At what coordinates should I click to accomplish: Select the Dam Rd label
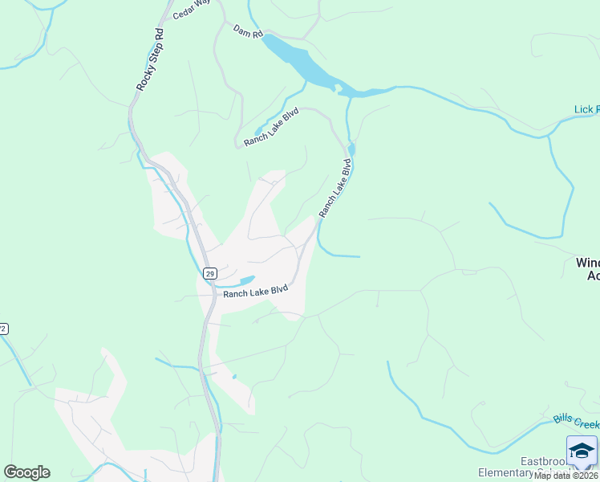pyautogui.click(x=247, y=31)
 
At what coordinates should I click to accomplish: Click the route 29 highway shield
pyautogui.click(x=209, y=274)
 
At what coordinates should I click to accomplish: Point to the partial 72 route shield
pyautogui.click(x=3, y=329)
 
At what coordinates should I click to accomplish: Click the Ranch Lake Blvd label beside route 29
pyautogui.click(x=255, y=292)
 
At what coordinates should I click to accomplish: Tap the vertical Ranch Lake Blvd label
pyautogui.click(x=335, y=189)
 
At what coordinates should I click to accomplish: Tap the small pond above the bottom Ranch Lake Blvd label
pyautogui.click(x=247, y=280)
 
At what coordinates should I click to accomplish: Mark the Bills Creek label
pyautogui.click(x=576, y=420)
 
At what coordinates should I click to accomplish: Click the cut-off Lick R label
pyautogui.click(x=586, y=109)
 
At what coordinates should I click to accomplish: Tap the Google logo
pyautogui.click(x=26, y=472)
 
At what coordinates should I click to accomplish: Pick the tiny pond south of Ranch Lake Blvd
pyautogui.click(x=234, y=376)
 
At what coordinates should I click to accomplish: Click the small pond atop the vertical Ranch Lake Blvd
pyautogui.click(x=351, y=150)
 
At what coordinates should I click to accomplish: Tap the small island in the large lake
pyautogui.click(x=339, y=87)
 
